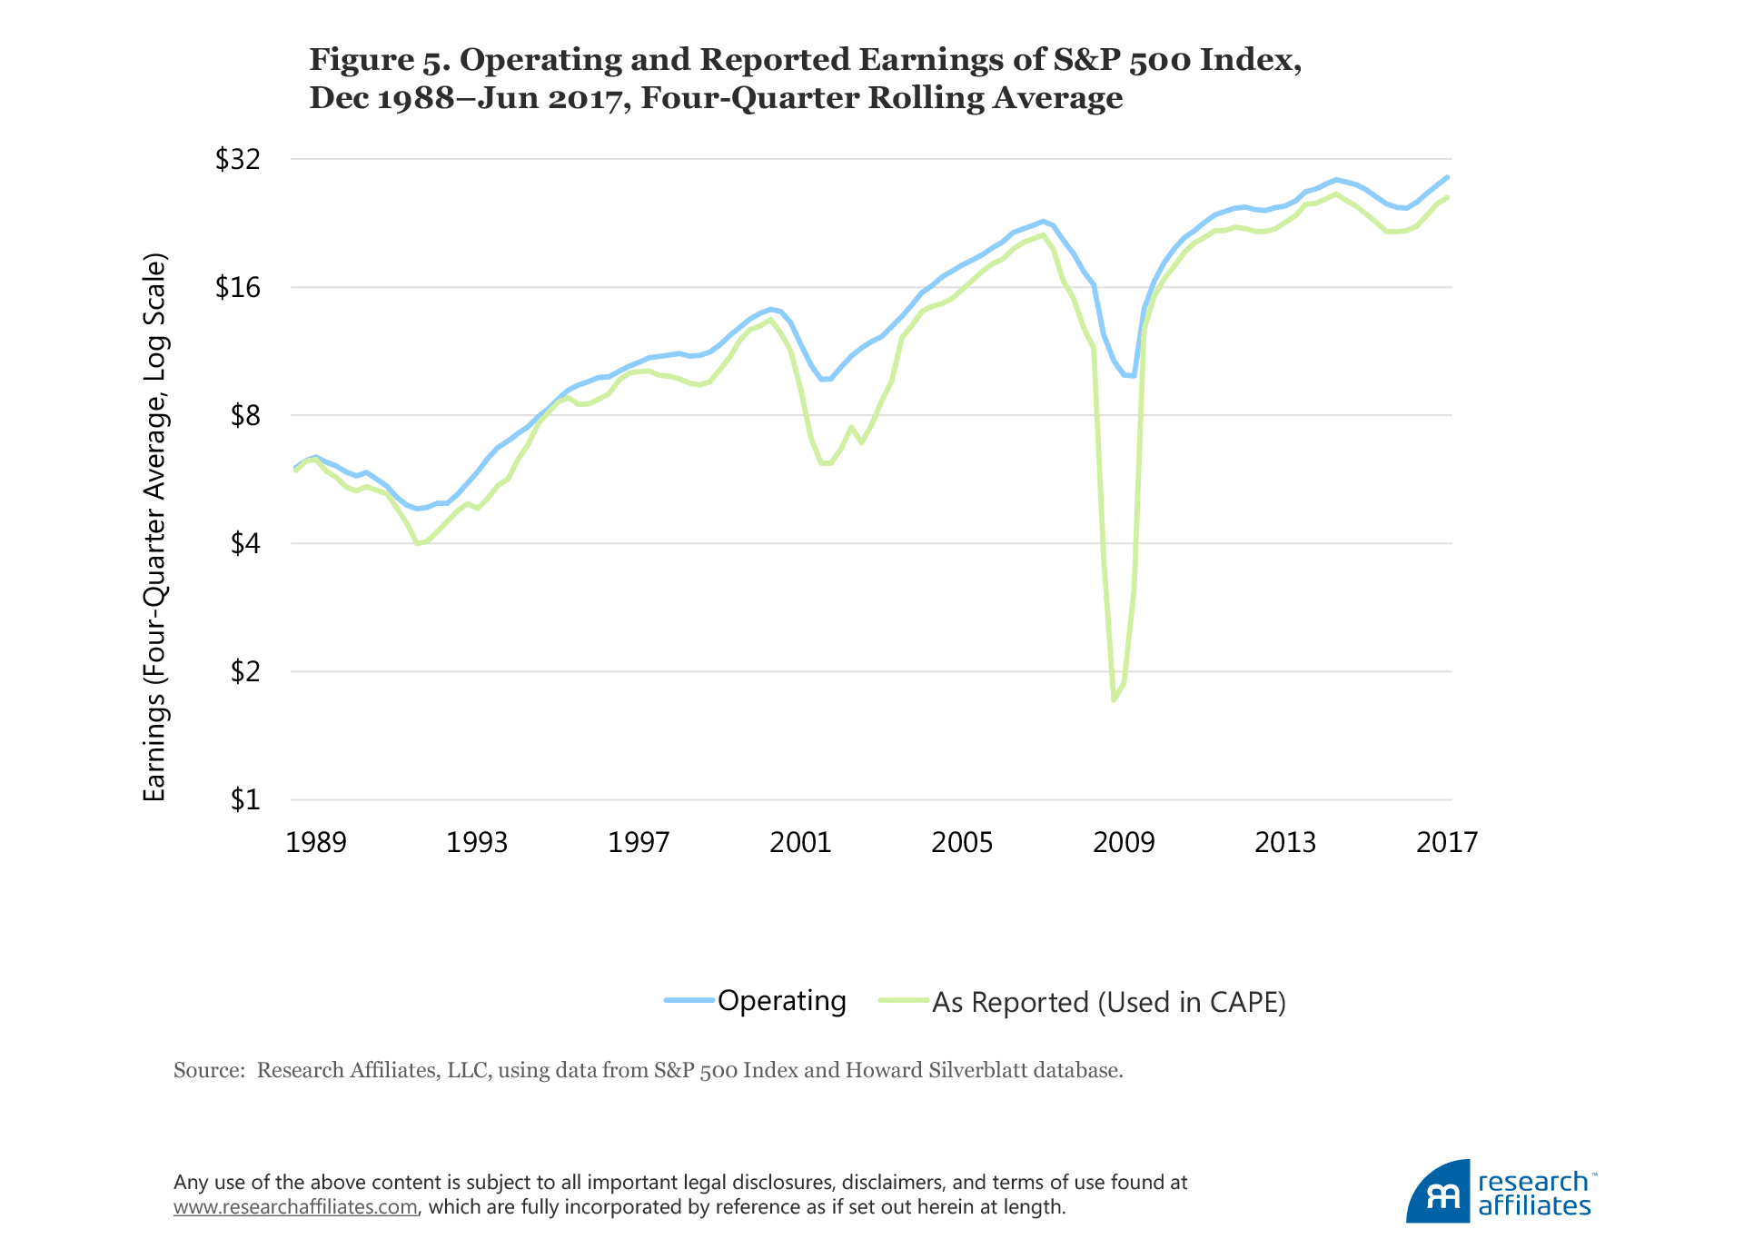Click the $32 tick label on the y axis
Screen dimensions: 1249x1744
[237, 160]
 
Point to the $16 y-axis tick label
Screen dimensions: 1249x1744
[237, 288]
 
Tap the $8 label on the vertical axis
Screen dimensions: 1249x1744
[245, 416]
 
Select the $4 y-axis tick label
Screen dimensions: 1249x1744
[245, 544]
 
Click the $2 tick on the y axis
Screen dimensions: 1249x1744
[245, 672]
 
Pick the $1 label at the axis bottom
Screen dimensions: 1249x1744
[245, 800]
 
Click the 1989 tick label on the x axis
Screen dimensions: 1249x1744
[316, 843]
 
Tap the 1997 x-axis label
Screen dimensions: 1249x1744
[639, 843]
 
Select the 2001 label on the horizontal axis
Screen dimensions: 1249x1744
[800, 843]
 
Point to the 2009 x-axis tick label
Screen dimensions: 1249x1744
[1124, 843]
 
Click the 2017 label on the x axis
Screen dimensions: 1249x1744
[1447, 843]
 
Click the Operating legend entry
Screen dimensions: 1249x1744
[781, 1001]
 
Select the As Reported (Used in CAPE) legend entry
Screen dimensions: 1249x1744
[1108, 1002]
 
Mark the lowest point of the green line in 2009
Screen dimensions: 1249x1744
[1114, 699]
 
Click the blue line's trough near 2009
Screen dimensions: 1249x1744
[1132, 376]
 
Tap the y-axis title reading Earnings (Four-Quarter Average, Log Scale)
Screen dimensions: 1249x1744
[155, 527]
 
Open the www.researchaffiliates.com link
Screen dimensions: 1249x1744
[295, 1207]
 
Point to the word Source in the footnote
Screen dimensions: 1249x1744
[208, 1070]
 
